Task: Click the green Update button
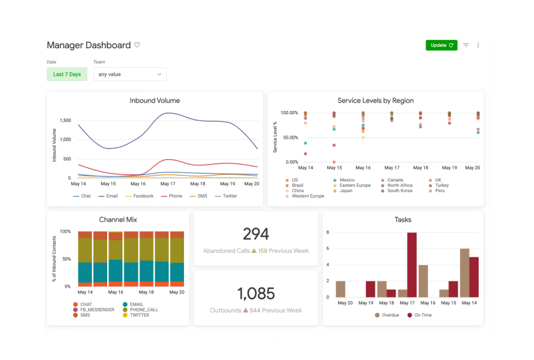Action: click(441, 45)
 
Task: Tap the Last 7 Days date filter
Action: click(67, 74)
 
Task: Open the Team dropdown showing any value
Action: click(129, 74)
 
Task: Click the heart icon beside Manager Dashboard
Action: click(137, 45)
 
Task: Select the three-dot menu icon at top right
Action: click(478, 45)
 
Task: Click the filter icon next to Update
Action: click(466, 45)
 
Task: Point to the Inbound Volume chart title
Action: click(155, 100)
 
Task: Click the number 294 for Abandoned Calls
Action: click(256, 234)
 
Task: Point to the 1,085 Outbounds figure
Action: click(256, 293)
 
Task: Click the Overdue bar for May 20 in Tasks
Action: click(341, 289)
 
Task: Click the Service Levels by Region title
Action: click(375, 100)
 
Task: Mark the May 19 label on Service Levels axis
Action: click(449, 168)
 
